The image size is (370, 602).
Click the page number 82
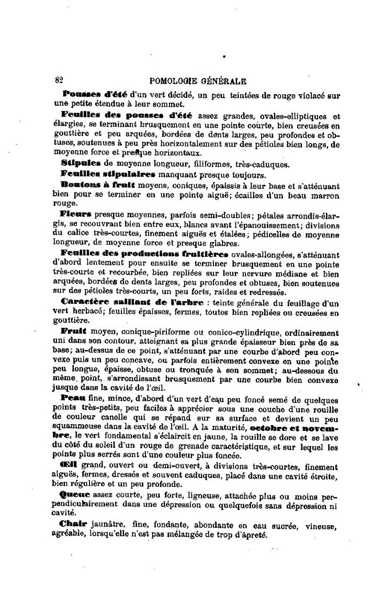point(59,81)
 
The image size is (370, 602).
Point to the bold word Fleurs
point(76,213)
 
